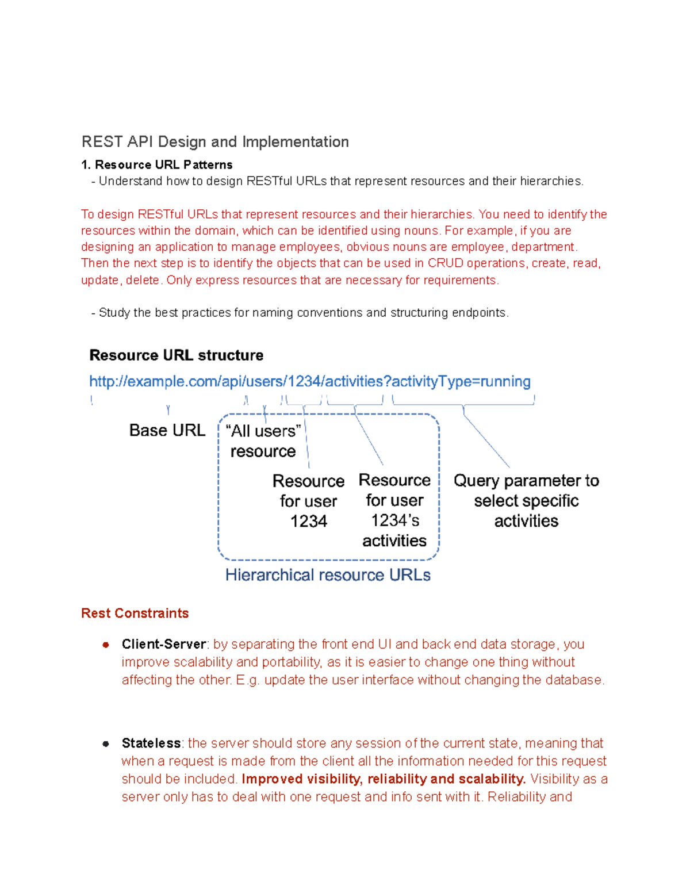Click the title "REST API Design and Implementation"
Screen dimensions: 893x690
pos(215,142)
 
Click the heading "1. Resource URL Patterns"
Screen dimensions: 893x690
pos(157,165)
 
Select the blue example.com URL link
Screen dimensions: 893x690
pos(309,382)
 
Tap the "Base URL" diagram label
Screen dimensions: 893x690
pos(167,431)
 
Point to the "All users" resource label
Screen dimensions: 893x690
pos(263,442)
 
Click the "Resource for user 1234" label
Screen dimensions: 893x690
pos(308,501)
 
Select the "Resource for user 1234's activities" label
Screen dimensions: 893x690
pos(394,511)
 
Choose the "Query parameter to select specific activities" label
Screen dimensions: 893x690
pos(526,501)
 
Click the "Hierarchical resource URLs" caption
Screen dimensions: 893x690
pos(328,576)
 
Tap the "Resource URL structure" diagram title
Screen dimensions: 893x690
pos(177,355)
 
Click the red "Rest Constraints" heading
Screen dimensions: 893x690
pos(135,614)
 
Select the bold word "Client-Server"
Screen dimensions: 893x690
pos(164,645)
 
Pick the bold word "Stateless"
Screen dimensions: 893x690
pos(151,743)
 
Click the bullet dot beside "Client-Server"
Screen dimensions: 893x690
pos(106,645)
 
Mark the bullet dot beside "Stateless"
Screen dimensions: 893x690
pos(106,744)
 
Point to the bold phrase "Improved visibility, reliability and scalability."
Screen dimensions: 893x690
pos(384,779)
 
